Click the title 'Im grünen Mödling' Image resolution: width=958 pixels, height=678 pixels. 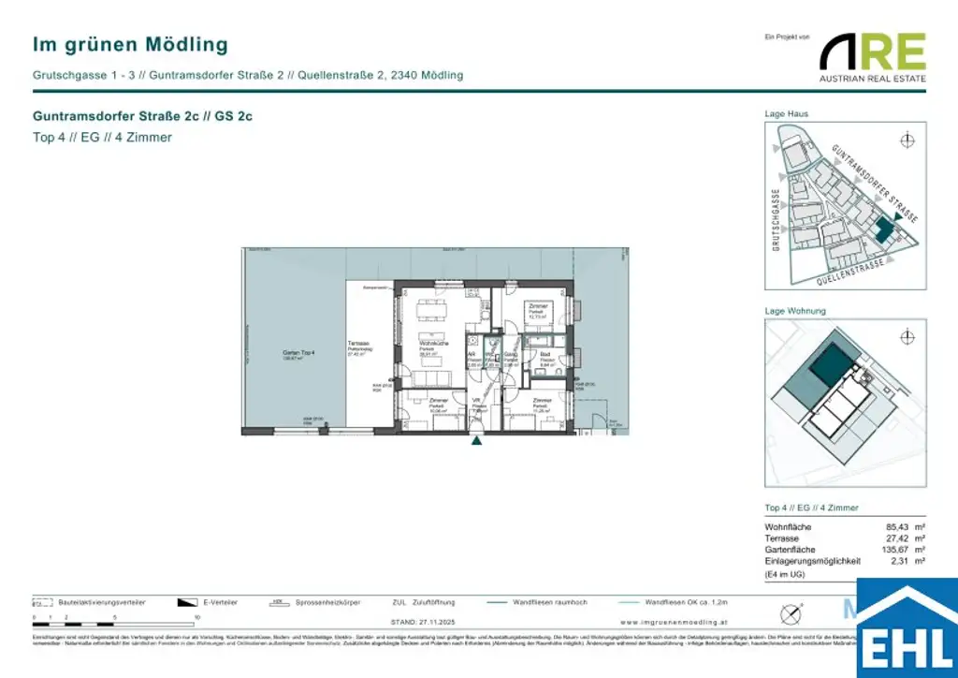(x=130, y=44)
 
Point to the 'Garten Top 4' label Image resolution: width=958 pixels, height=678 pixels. (x=299, y=353)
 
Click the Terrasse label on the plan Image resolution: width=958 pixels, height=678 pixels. (x=358, y=345)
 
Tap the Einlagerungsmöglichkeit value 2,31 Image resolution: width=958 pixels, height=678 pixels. (x=888, y=562)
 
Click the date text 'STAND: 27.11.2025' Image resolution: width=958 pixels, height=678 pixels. (x=425, y=622)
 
